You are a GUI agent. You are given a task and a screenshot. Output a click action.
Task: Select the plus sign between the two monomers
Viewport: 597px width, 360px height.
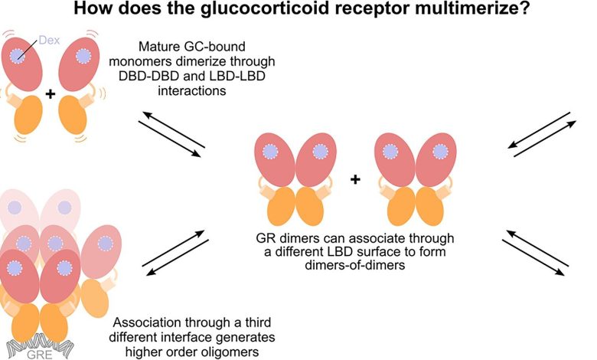click(x=51, y=94)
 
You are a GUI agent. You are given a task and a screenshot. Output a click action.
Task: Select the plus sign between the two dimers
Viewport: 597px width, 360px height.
click(x=355, y=180)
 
